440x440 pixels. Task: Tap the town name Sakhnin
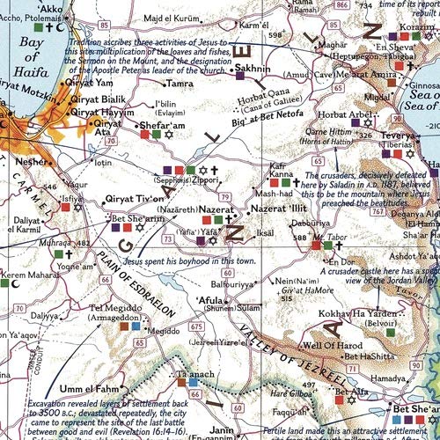(x=252, y=68)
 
